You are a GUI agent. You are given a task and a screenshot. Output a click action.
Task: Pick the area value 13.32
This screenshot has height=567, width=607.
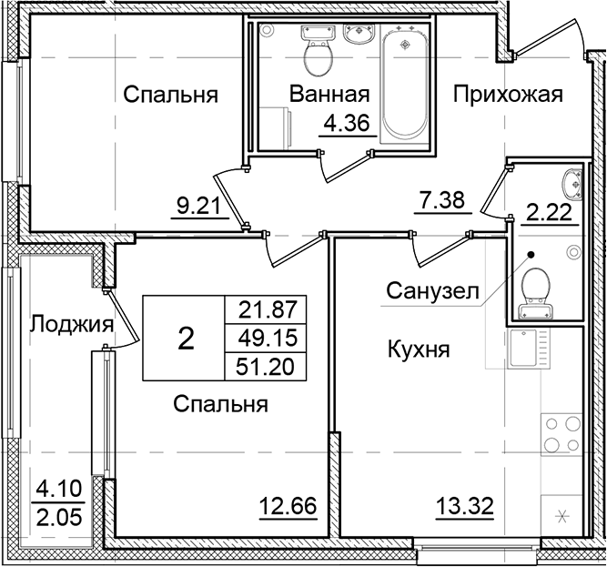(461, 506)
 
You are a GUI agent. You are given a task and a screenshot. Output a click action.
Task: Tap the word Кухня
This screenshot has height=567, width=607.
(420, 349)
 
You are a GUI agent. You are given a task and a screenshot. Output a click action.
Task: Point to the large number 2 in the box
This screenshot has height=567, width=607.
(186, 339)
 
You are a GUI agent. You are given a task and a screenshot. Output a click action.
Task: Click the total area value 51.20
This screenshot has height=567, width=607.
(269, 365)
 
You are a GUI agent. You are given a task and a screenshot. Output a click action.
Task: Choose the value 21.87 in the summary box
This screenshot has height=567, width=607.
(269, 308)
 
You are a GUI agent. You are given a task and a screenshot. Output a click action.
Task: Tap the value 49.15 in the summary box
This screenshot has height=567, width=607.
(269, 337)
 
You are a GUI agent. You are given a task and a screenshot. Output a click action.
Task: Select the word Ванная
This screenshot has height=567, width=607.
(329, 95)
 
